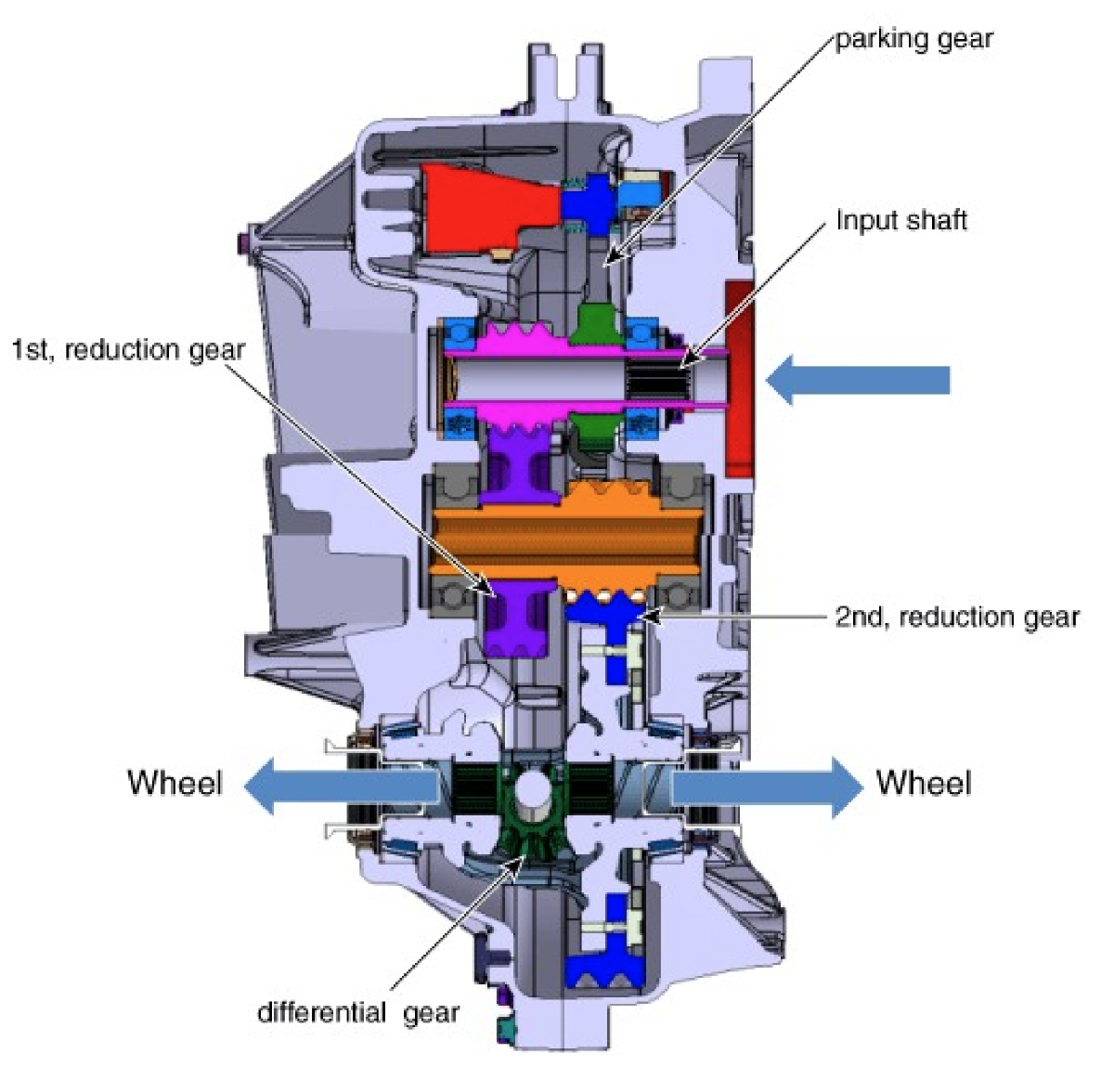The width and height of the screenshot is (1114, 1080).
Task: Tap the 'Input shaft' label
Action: click(901, 221)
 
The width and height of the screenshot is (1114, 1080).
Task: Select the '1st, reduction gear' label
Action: click(128, 350)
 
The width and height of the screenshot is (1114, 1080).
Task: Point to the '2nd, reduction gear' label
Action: click(956, 618)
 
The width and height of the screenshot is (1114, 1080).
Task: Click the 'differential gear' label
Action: click(358, 1012)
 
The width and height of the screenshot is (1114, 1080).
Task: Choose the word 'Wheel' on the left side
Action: click(175, 782)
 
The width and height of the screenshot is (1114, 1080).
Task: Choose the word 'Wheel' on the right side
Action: click(924, 782)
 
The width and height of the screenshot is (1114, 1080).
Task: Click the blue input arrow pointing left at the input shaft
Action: click(858, 380)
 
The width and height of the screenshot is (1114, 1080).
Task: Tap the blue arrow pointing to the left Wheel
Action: click(342, 786)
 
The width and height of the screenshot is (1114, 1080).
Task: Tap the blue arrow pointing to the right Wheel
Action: click(767, 787)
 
